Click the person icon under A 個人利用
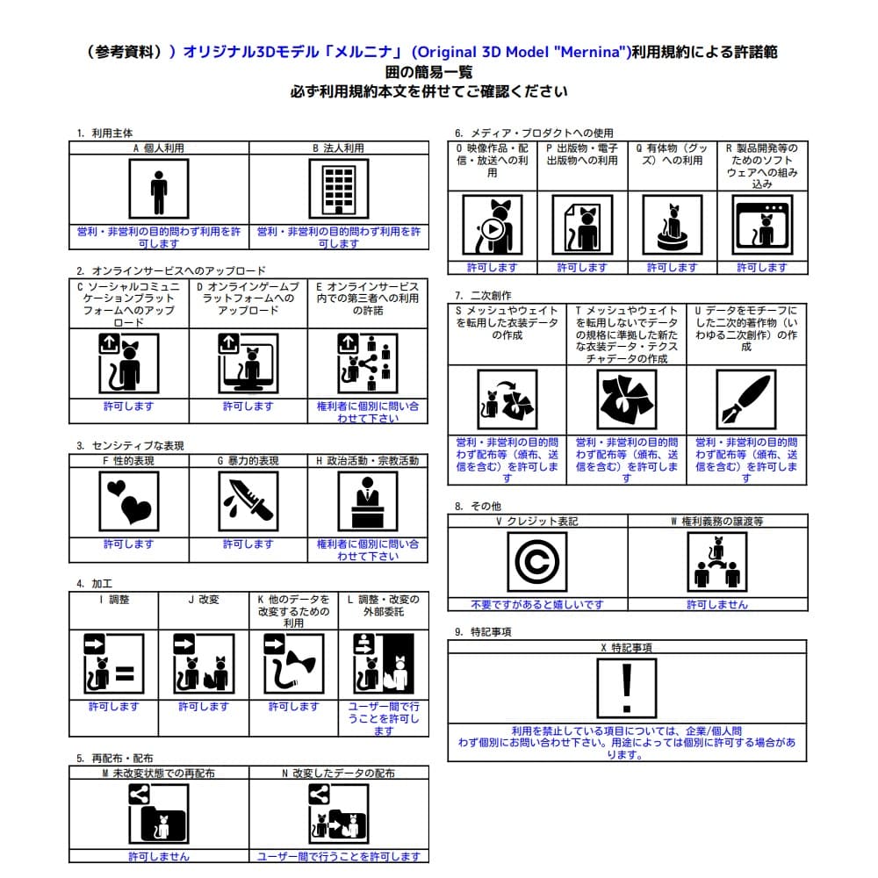[158, 192]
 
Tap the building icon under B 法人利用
[338, 192]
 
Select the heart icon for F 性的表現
[129, 501]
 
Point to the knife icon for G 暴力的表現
[248, 501]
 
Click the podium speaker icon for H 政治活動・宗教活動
[367, 501]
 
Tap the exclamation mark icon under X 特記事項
[626, 688]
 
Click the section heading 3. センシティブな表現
[130, 446]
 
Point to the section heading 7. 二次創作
[482, 295]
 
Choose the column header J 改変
[204, 600]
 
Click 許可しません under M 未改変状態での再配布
[158, 856]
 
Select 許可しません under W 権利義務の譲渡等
[716, 604]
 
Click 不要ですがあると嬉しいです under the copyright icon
[537, 604]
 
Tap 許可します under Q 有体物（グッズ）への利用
[672, 267]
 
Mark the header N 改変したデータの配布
[338, 774]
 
